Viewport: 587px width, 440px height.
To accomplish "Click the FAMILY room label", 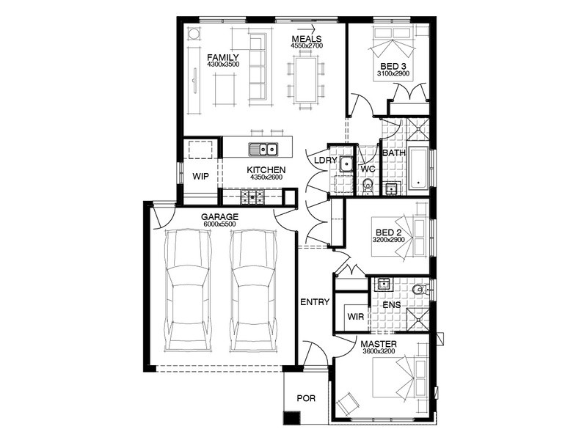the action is [x=223, y=58].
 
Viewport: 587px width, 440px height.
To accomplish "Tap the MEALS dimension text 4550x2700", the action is [x=307, y=45].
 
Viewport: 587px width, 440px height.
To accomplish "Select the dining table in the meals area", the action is [x=306, y=79].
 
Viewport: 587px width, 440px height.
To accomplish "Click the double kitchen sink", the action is [x=263, y=150].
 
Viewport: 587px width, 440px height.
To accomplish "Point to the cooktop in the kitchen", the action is [x=252, y=197].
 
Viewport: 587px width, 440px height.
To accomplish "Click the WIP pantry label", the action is [x=200, y=177].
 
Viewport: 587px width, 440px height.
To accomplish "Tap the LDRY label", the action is [x=325, y=161].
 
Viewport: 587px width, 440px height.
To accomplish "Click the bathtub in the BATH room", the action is [x=418, y=169].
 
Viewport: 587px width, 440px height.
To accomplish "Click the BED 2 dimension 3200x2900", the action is [x=389, y=240].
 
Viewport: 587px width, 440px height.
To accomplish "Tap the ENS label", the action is [x=392, y=305].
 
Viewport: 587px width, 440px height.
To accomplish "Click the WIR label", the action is [x=356, y=317].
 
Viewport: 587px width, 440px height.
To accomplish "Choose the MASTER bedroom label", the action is [x=379, y=344].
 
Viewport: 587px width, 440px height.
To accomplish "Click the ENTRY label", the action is [x=315, y=302].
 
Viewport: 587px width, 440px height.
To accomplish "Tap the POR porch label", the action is [x=306, y=398].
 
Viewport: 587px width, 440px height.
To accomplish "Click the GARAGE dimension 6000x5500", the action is [x=219, y=224].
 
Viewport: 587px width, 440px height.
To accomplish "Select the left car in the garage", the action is [x=188, y=290].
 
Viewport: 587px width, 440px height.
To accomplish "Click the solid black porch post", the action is [x=292, y=418].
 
